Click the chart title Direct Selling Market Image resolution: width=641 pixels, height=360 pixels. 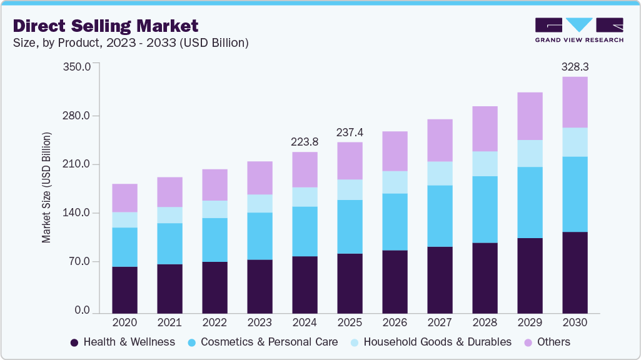tap(106, 26)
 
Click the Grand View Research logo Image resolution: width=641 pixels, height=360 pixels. tap(579, 30)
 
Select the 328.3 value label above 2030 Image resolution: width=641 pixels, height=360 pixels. tap(575, 66)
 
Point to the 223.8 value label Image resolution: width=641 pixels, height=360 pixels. tap(305, 142)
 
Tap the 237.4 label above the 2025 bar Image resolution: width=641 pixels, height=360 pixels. tap(350, 132)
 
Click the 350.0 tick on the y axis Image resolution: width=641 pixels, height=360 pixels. tap(78, 66)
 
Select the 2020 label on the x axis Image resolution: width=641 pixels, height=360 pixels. tap(124, 322)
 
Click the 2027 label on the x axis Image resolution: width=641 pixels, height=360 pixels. tap(440, 322)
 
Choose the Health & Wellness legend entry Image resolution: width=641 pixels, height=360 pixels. tap(123, 342)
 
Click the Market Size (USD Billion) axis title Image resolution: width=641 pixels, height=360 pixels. tap(46, 187)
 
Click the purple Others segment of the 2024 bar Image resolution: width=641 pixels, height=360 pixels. tap(305, 169)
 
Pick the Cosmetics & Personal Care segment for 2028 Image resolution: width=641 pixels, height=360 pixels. tap(485, 209)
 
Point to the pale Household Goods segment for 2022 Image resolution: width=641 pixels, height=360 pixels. tap(215, 209)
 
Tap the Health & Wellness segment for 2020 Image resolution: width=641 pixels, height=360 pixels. tap(124, 289)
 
